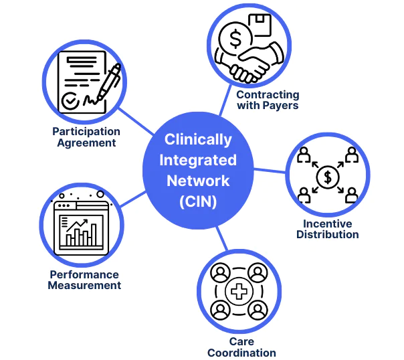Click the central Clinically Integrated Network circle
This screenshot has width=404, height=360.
pos(199,170)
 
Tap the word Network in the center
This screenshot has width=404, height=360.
pos(199,181)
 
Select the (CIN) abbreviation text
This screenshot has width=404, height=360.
pos(199,201)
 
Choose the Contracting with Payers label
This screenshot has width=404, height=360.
pos(268,100)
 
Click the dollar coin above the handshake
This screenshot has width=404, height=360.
pos(236,39)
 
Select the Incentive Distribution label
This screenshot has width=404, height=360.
pos(328,229)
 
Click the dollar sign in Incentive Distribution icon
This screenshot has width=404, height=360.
pos(328,177)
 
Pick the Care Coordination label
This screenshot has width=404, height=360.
pos(241,347)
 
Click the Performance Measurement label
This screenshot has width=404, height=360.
pos(84,280)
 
